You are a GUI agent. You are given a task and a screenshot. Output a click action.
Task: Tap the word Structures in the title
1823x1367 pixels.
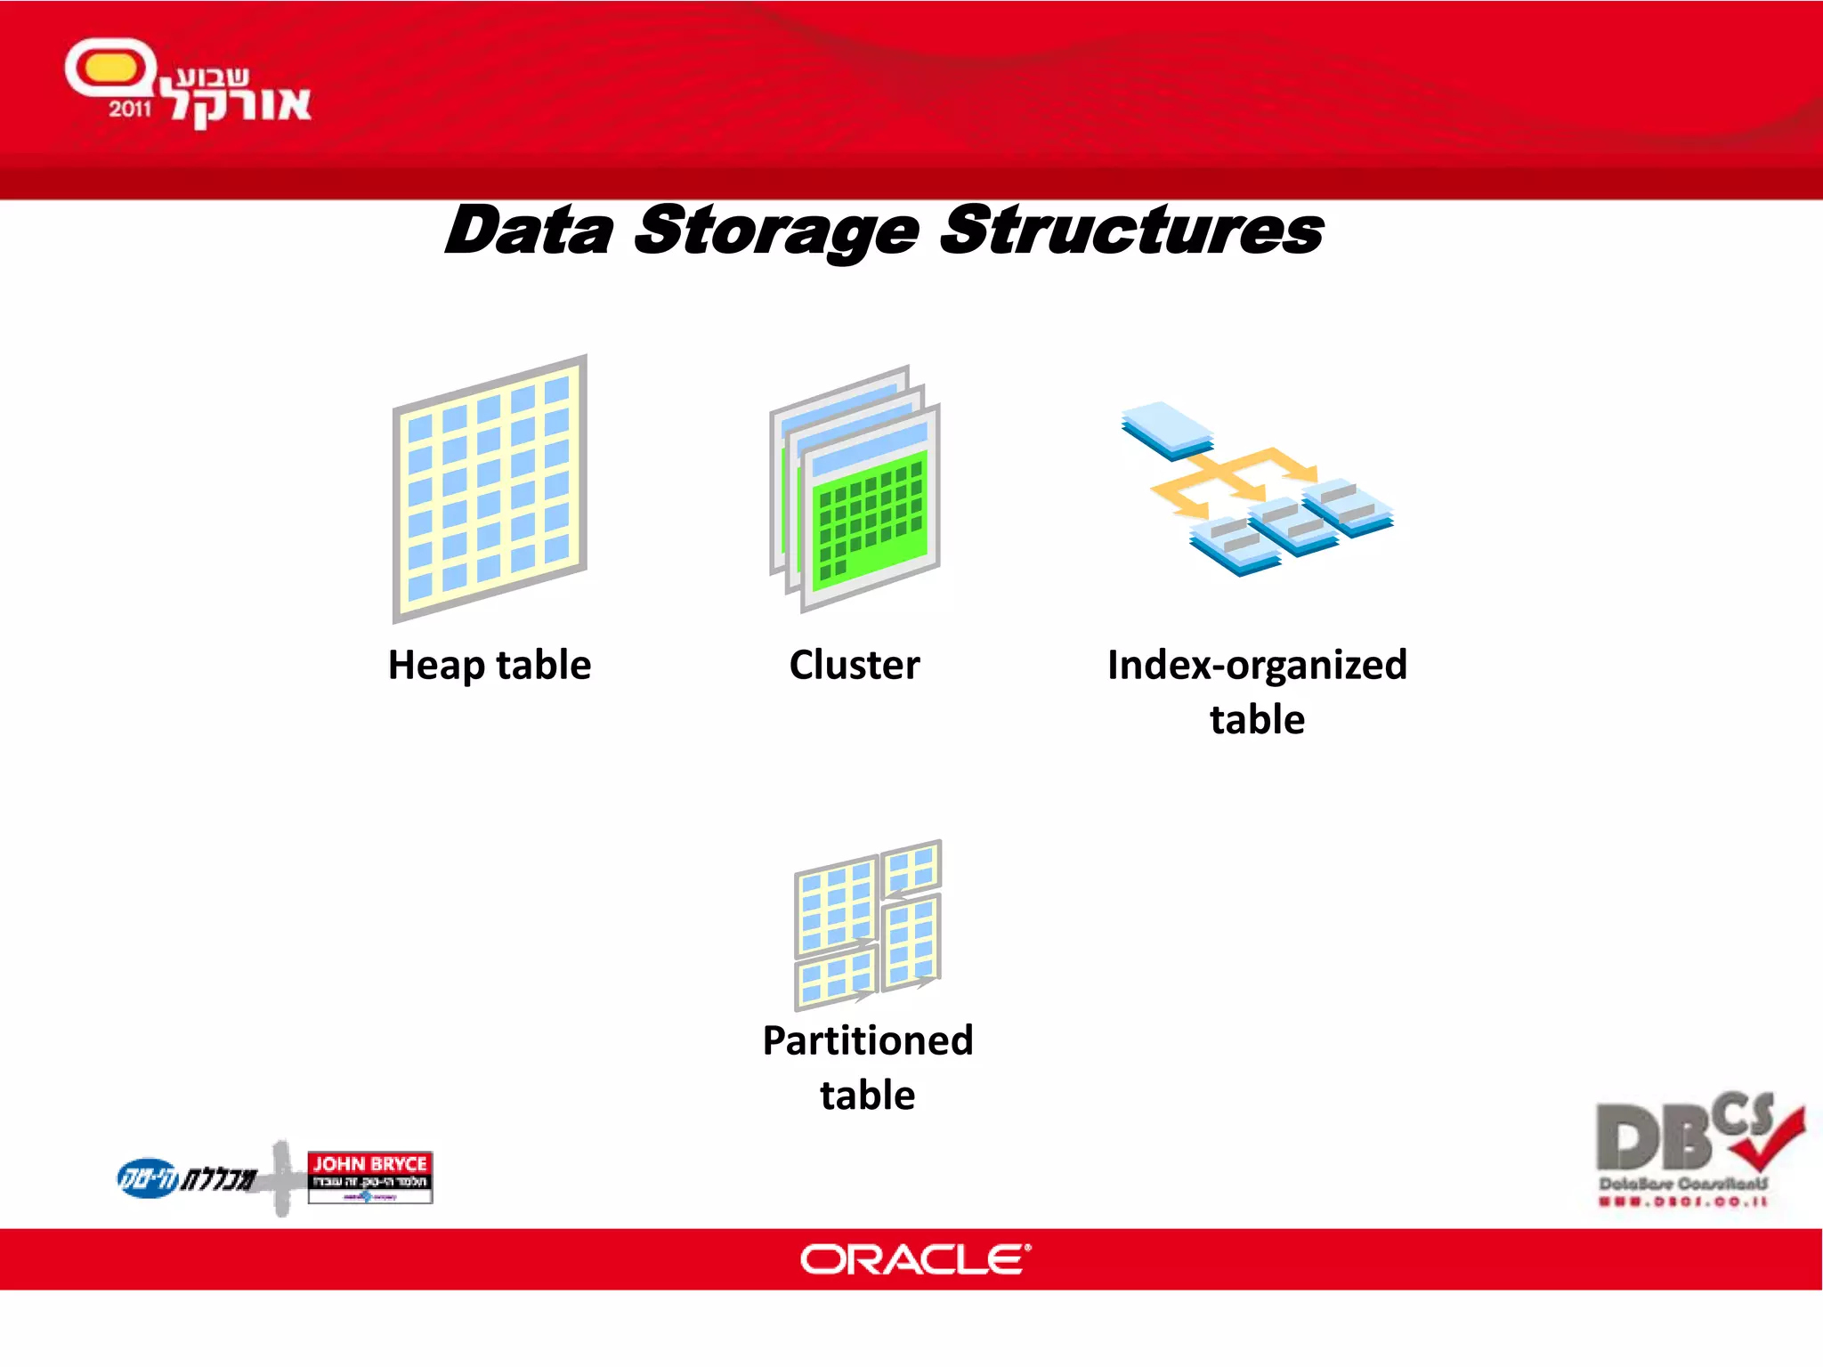pyautogui.click(x=1130, y=231)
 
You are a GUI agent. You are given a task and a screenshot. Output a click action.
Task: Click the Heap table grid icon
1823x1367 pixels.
pyautogui.click(x=490, y=488)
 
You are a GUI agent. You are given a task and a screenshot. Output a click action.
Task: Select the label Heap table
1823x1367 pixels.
pyautogui.click(x=490, y=666)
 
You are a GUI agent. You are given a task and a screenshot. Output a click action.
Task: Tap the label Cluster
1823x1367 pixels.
pyautogui.click(x=855, y=666)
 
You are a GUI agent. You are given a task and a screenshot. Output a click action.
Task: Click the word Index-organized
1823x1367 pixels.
pyautogui.click(x=1257, y=666)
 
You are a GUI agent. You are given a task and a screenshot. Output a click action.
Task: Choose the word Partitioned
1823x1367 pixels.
pyautogui.click(x=868, y=1040)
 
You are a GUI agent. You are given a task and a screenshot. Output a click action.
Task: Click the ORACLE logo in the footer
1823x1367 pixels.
pyautogui.click(x=915, y=1260)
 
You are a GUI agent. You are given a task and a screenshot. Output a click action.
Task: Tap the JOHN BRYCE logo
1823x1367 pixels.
pyautogui.click(x=369, y=1177)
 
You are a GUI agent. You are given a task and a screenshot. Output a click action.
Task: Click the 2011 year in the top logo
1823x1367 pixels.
pyautogui.click(x=130, y=109)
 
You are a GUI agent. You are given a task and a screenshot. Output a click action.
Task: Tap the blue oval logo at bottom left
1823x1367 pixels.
pyautogui.click(x=148, y=1178)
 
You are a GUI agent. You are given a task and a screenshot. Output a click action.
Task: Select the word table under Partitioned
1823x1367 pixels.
pyautogui.click(x=868, y=1096)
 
